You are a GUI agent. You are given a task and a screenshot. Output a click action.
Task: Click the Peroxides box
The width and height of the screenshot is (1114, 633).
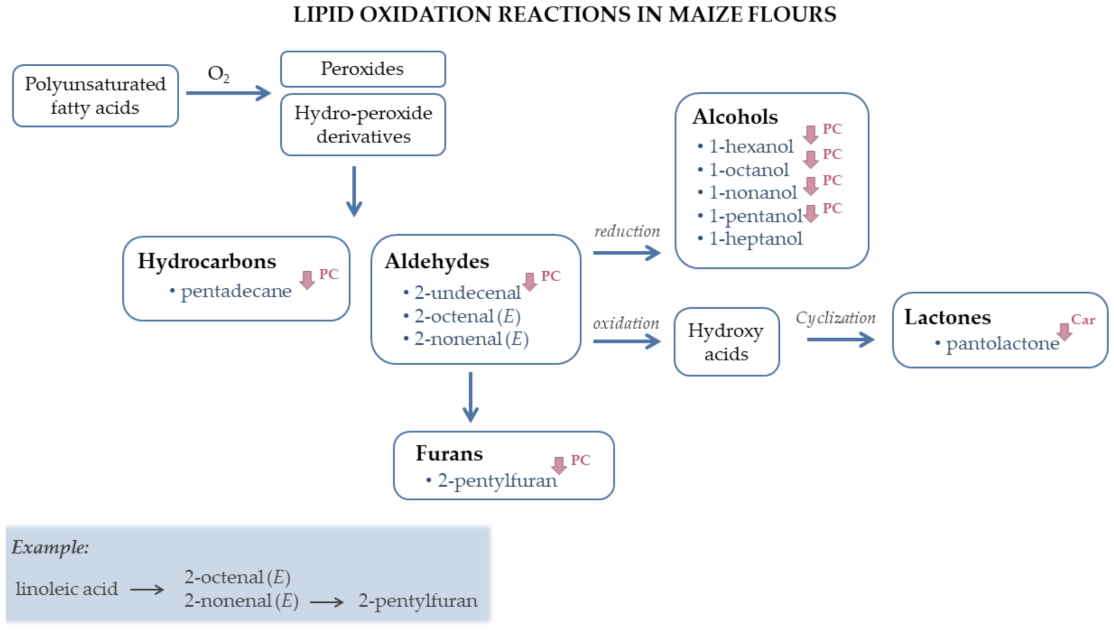(x=362, y=69)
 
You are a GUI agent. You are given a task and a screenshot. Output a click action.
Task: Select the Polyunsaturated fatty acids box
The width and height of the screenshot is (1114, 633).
(x=95, y=96)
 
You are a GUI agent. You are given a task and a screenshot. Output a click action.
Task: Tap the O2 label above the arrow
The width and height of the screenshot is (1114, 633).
(x=218, y=74)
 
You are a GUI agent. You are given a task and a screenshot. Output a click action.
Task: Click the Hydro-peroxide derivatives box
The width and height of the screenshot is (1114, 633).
(x=363, y=125)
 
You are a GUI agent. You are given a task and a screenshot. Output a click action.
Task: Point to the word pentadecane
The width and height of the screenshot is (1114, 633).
(x=236, y=291)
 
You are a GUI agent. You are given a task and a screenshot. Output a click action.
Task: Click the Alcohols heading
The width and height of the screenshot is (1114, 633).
(x=735, y=117)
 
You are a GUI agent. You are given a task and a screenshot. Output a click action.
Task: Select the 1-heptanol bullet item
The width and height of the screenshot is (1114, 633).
(x=755, y=239)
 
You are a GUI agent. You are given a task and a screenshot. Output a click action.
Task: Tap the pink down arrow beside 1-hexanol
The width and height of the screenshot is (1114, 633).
(x=810, y=135)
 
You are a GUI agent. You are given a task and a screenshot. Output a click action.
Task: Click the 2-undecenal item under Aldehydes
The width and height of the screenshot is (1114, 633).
(x=467, y=293)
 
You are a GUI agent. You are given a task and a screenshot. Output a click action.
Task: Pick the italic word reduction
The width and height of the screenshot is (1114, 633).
(x=627, y=231)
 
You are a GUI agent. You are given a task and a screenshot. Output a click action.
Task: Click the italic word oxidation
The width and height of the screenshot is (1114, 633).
(x=626, y=323)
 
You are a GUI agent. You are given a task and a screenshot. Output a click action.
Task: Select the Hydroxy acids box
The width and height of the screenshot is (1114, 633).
(x=726, y=342)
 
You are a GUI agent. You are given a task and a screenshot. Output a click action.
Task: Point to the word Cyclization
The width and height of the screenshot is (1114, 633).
(x=835, y=318)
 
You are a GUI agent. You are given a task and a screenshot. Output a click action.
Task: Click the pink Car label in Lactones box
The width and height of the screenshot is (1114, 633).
(x=1083, y=320)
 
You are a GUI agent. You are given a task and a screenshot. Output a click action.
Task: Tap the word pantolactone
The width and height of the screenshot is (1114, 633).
(x=1003, y=343)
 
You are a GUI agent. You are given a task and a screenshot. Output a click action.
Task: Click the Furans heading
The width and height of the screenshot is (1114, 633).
(x=449, y=453)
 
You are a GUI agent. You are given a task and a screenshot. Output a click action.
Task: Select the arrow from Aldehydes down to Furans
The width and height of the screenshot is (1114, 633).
(x=470, y=397)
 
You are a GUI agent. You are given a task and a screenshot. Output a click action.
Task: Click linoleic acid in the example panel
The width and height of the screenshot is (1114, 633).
(x=67, y=589)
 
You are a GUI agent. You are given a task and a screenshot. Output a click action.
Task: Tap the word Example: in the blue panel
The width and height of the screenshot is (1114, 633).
(x=50, y=547)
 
